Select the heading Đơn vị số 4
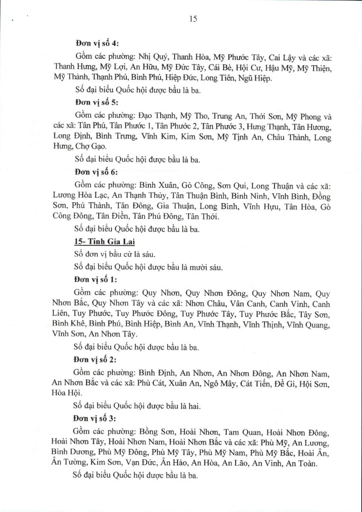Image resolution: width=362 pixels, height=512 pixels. pos(97,44)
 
